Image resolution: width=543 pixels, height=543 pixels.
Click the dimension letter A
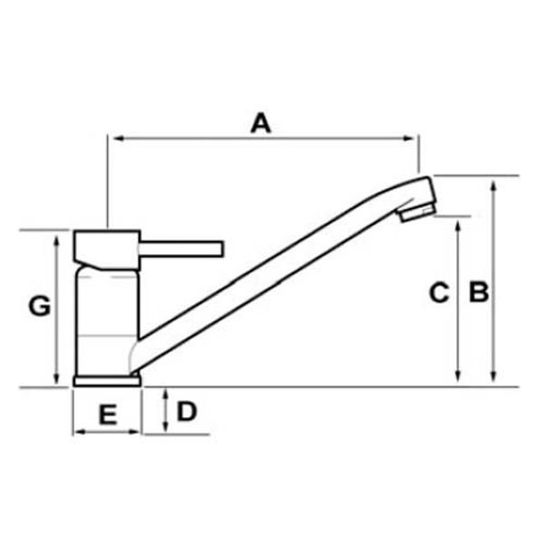(261, 123)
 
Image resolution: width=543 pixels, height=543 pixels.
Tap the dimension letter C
(438, 292)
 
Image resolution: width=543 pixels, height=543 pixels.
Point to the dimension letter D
(186, 412)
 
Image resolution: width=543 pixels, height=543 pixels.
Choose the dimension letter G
(39, 306)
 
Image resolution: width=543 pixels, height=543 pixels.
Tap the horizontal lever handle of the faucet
(181, 248)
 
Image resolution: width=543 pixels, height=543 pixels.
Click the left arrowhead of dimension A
(112, 138)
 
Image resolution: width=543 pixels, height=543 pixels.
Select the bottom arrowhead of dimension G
(56, 380)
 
